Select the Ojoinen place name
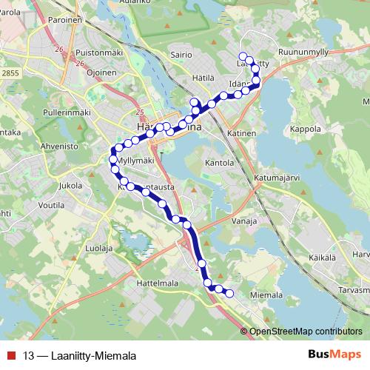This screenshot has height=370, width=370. tap(100, 73)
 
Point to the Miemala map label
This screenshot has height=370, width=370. tap(267, 295)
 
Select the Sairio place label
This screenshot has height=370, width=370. tap(181, 54)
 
